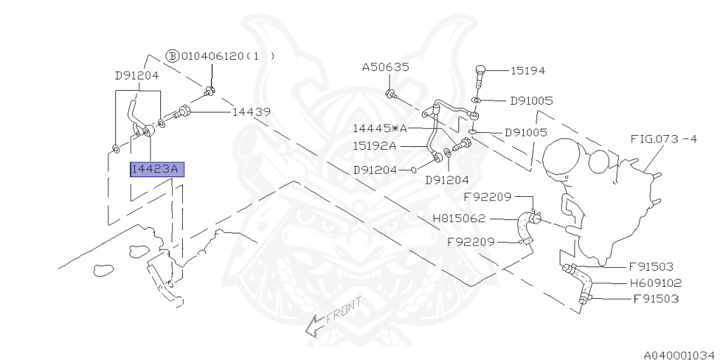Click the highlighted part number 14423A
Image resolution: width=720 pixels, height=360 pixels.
pyautogui.click(x=156, y=169)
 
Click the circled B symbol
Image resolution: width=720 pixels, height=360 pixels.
pyautogui.click(x=172, y=56)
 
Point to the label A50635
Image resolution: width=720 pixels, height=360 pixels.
pyautogui.click(x=386, y=67)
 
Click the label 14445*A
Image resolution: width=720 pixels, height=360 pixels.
pyautogui.click(x=380, y=129)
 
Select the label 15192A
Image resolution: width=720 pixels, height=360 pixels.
pyautogui.click(x=374, y=146)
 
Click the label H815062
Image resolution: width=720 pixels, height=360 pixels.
pyautogui.click(x=459, y=219)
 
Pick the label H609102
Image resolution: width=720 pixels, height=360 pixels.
pyautogui.click(x=656, y=283)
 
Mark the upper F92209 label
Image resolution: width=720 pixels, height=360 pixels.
pyautogui.click(x=487, y=197)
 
